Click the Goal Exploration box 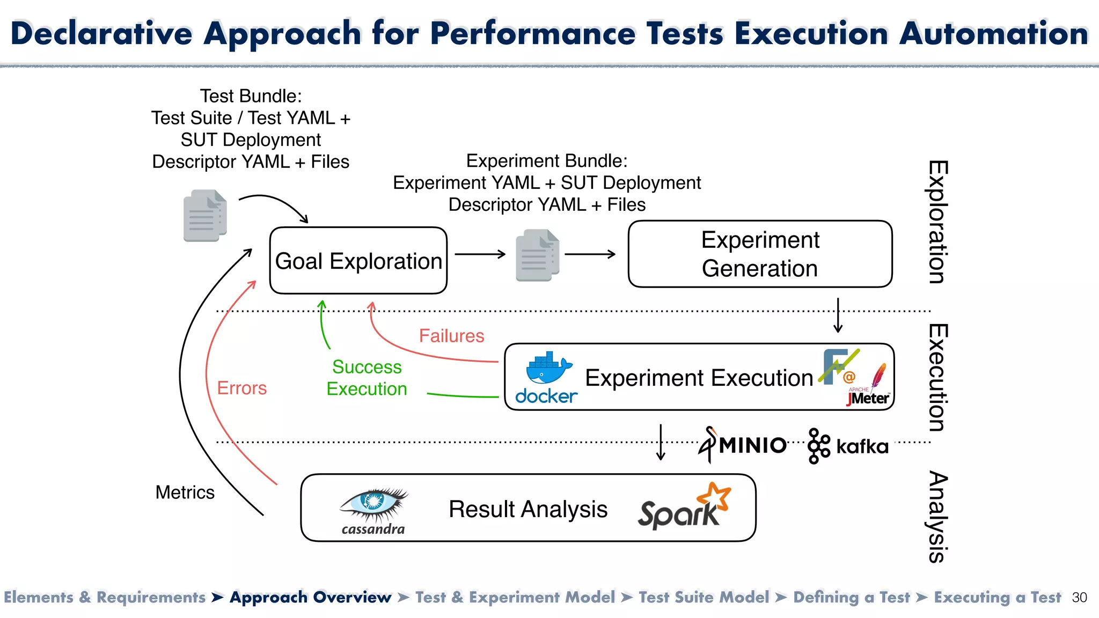(x=358, y=261)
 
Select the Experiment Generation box (x=760, y=254)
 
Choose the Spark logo (x=684, y=507)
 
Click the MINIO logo (x=743, y=445)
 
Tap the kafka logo (x=848, y=446)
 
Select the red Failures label (x=451, y=336)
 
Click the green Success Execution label (x=367, y=378)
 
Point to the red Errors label (x=241, y=388)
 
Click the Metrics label (x=185, y=492)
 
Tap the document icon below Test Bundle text (x=205, y=215)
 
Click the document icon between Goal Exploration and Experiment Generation (x=537, y=255)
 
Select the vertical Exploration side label (x=938, y=222)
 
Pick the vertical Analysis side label (x=938, y=516)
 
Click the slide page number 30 (x=1079, y=598)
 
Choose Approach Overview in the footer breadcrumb (x=310, y=597)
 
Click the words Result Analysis (x=528, y=509)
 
